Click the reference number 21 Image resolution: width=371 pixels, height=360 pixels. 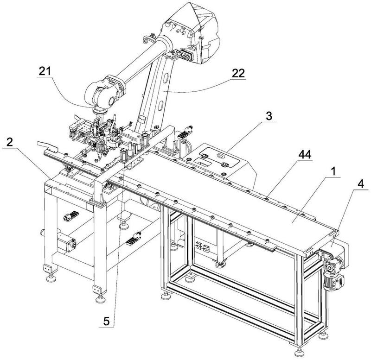[x=45, y=71]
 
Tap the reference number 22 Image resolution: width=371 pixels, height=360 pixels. [x=238, y=73]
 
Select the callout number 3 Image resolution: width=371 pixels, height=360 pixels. [x=269, y=116]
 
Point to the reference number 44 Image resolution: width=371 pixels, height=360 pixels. [x=305, y=155]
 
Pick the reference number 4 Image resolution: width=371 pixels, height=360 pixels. [x=361, y=184]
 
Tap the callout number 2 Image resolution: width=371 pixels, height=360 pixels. [x=9, y=142]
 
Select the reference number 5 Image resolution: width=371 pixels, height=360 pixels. [x=106, y=321]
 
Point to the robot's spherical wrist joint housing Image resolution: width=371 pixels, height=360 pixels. [x=102, y=94]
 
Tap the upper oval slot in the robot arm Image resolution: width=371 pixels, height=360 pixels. [x=166, y=78]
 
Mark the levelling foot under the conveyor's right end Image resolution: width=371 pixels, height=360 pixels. [x=299, y=354]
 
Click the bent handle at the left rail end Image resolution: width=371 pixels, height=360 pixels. [x=48, y=146]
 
